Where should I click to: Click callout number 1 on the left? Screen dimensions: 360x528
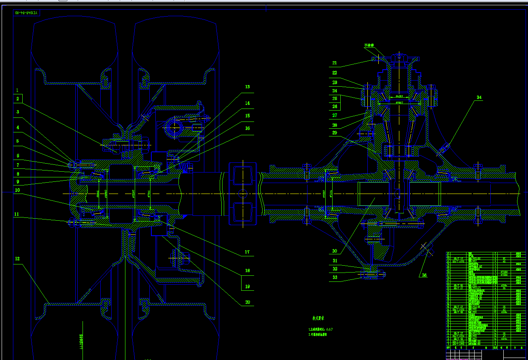click(17, 90)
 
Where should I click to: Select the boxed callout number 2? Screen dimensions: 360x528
click(17, 98)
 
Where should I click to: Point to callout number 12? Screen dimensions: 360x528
click(17, 258)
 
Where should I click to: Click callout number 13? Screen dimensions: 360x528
click(248, 87)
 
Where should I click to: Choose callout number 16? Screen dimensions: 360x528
click(248, 128)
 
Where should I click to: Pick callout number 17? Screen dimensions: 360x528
click(247, 252)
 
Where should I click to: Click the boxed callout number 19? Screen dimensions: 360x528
click(248, 286)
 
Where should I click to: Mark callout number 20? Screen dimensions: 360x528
click(248, 302)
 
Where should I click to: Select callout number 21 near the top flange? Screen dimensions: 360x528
click(335, 63)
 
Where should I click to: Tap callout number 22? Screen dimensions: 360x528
click(335, 73)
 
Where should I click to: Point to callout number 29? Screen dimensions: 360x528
click(335, 133)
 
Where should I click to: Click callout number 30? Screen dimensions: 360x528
click(335, 251)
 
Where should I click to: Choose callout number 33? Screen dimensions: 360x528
click(335, 277)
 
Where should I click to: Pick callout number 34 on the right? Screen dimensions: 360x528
click(479, 98)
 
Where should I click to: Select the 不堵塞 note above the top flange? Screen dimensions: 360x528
click(369, 45)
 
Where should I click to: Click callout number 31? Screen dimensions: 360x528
click(335, 261)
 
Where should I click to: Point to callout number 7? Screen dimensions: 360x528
click(17, 165)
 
